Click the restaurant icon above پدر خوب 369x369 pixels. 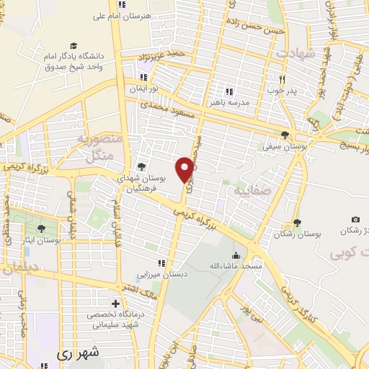pos(283,79)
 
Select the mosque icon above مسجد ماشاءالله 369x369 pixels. pos(236,254)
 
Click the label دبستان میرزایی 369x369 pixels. pos(162,275)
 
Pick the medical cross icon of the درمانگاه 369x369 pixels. pos(115,303)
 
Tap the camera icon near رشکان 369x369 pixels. pos(355,219)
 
